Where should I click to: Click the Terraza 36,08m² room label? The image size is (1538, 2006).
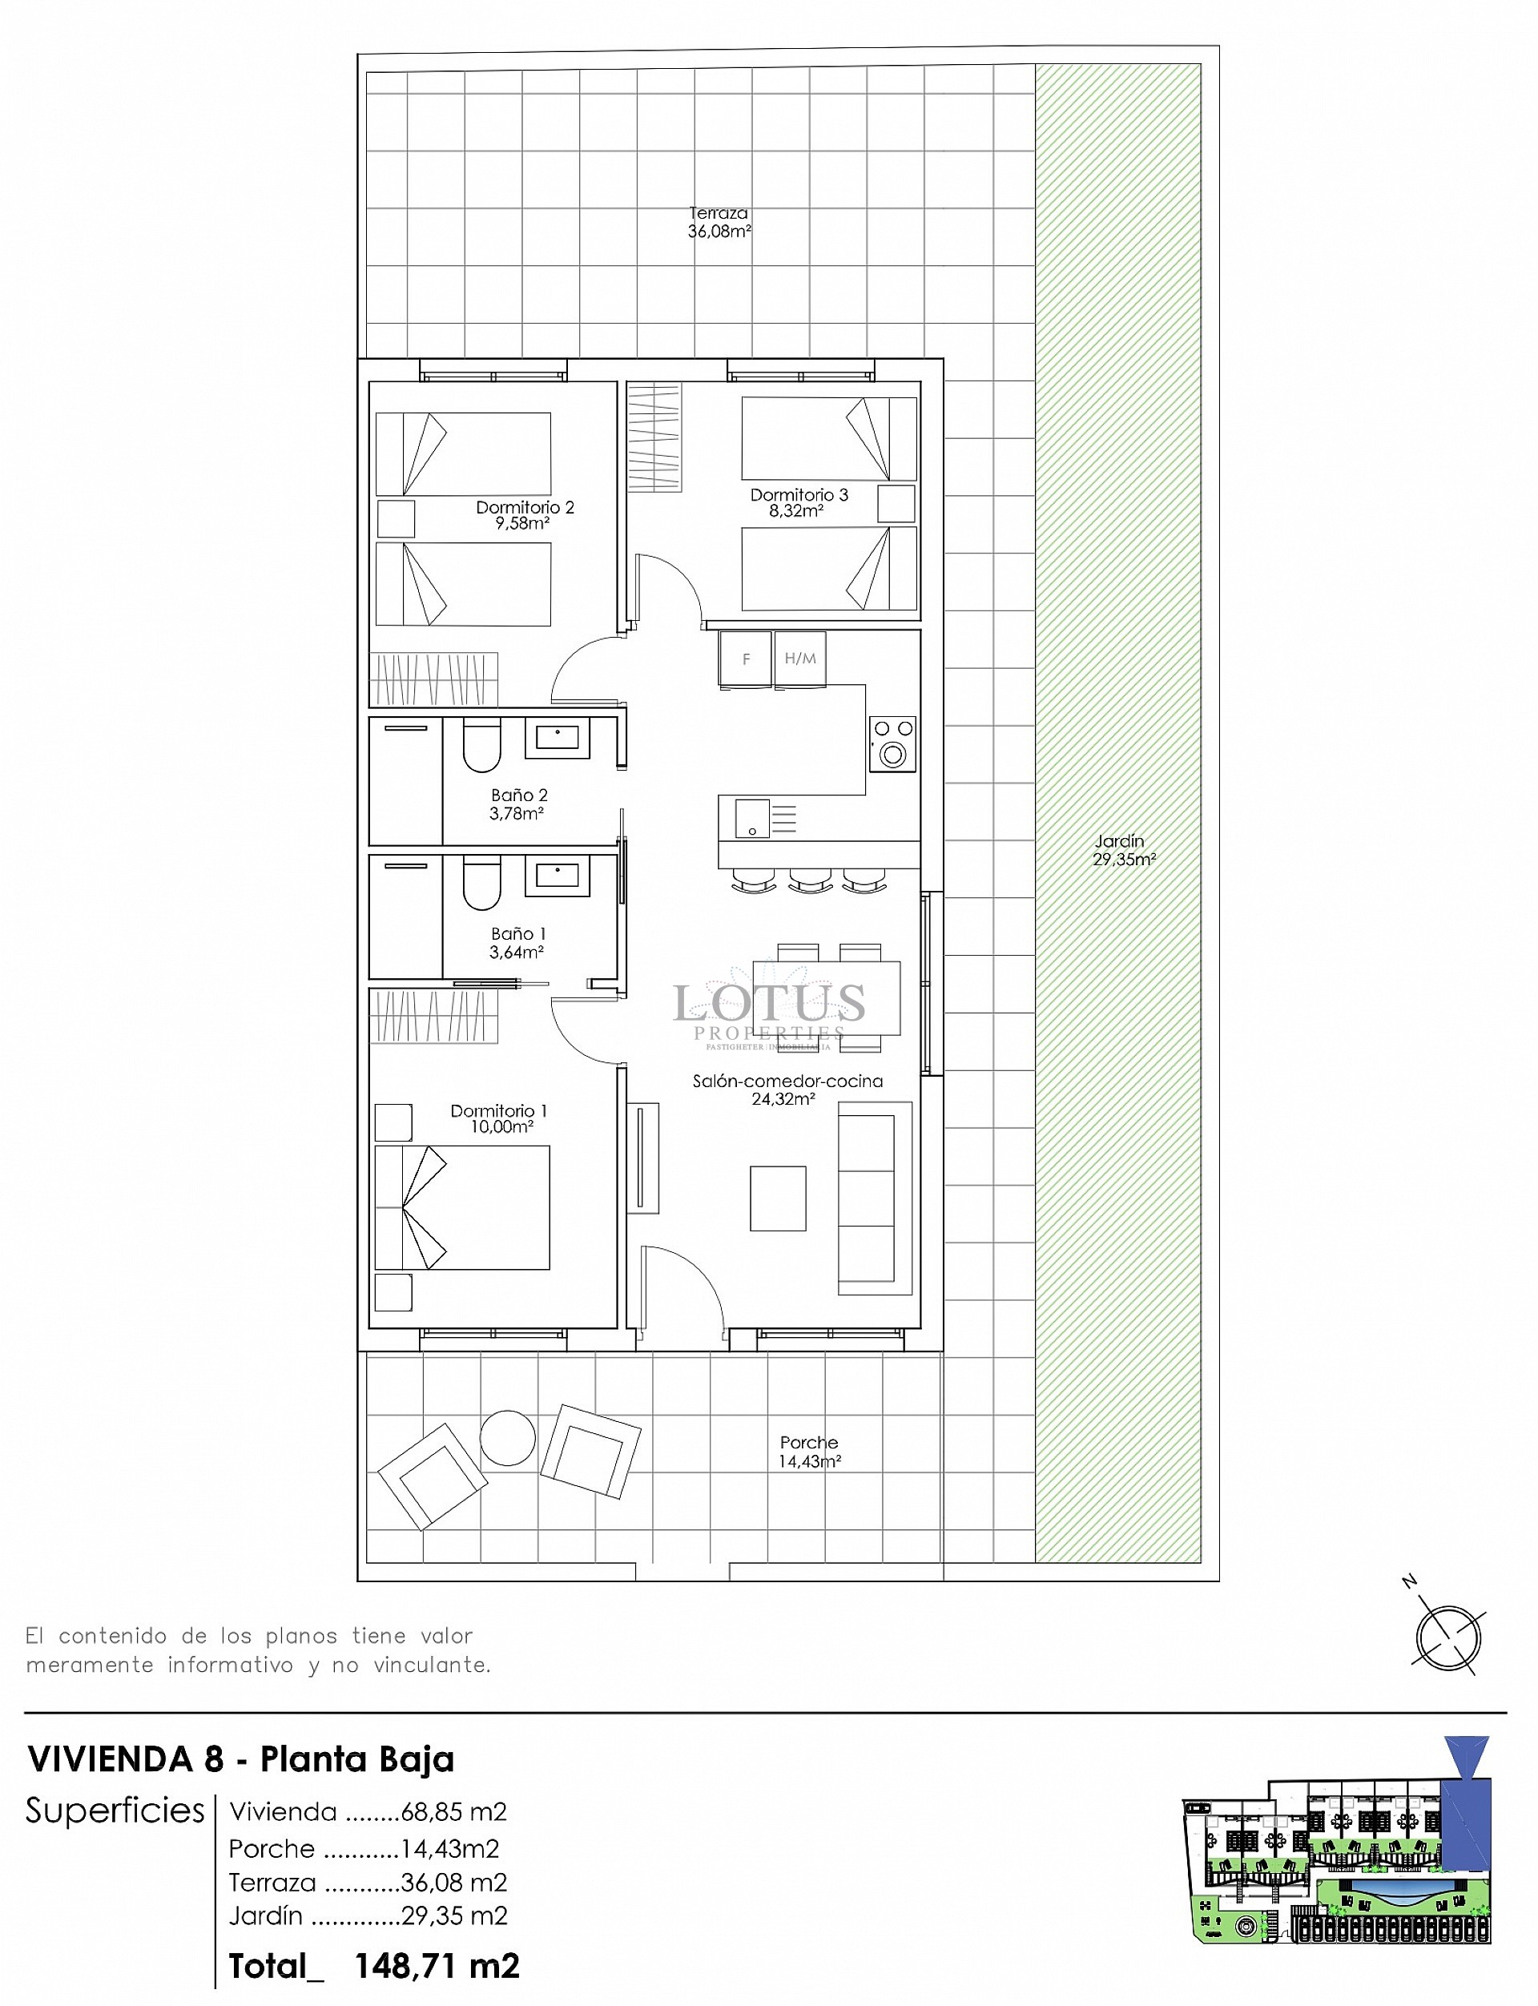[x=719, y=223]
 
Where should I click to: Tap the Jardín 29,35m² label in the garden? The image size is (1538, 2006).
[x=1123, y=850]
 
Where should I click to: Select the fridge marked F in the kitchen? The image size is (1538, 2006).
[x=745, y=658]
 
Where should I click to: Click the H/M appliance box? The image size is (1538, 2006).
[x=800, y=658]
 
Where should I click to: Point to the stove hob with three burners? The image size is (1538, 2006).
[x=892, y=743]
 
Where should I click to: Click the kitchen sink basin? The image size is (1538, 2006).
[x=751, y=819]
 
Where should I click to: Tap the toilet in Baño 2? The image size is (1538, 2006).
[x=481, y=745]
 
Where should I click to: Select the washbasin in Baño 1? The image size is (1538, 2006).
[x=557, y=876]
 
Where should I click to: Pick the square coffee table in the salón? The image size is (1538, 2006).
[x=778, y=1198]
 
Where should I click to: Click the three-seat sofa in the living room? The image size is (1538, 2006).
[x=874, y=1198]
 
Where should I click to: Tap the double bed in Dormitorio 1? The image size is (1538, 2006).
[x=462, y=1206]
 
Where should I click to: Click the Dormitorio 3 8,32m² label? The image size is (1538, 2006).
[x=799, y=502]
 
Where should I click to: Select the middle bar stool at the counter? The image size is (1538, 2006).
[x=810, y=880]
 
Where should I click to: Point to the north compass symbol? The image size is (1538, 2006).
[x=1447, y=1638]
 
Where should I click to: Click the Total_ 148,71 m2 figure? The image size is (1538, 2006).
[x=374, y=1966]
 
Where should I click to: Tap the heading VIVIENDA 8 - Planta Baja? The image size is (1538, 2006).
[x=241, y=1758]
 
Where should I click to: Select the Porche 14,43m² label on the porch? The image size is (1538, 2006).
[x=809, y=1451]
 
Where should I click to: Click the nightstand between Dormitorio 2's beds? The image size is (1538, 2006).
[x=396, y=518]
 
